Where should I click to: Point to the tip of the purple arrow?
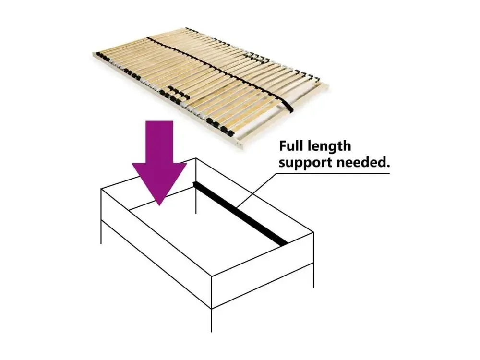(x=159, y=205)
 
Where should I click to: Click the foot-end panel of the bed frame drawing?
(x=263, y=270)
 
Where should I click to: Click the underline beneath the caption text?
(x=333, y=174)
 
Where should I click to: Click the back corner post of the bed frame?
(x=196, y=185)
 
